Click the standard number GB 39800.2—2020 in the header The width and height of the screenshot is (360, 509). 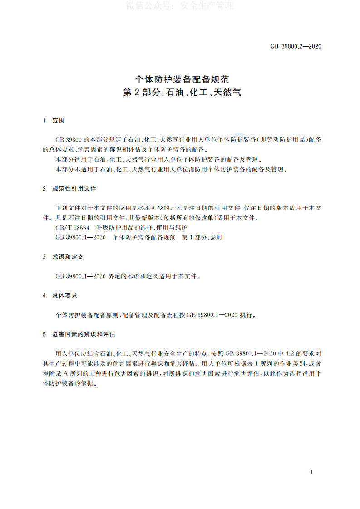point(296,46)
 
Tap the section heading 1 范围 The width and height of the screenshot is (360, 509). point(54,121)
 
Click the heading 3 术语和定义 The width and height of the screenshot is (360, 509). point(64,257)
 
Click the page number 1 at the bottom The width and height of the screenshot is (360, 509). point(311,472)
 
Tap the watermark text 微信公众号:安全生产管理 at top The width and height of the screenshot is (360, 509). point(180,6)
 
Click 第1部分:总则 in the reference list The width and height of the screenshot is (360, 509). point(202,237)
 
